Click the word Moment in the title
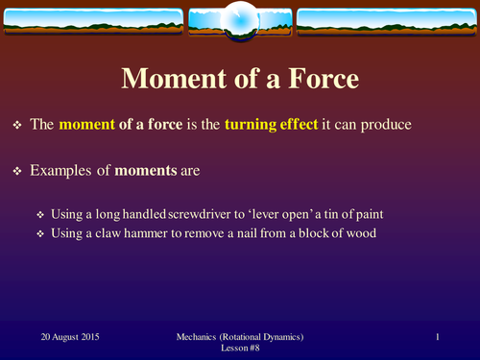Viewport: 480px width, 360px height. coord(169,81)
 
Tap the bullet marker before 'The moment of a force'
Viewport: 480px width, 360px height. coord(17,126)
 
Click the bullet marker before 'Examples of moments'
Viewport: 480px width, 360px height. coord(17,173)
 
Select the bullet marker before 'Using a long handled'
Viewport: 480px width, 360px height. coord(40,215)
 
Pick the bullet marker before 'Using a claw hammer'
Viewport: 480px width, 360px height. coord(40,234)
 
